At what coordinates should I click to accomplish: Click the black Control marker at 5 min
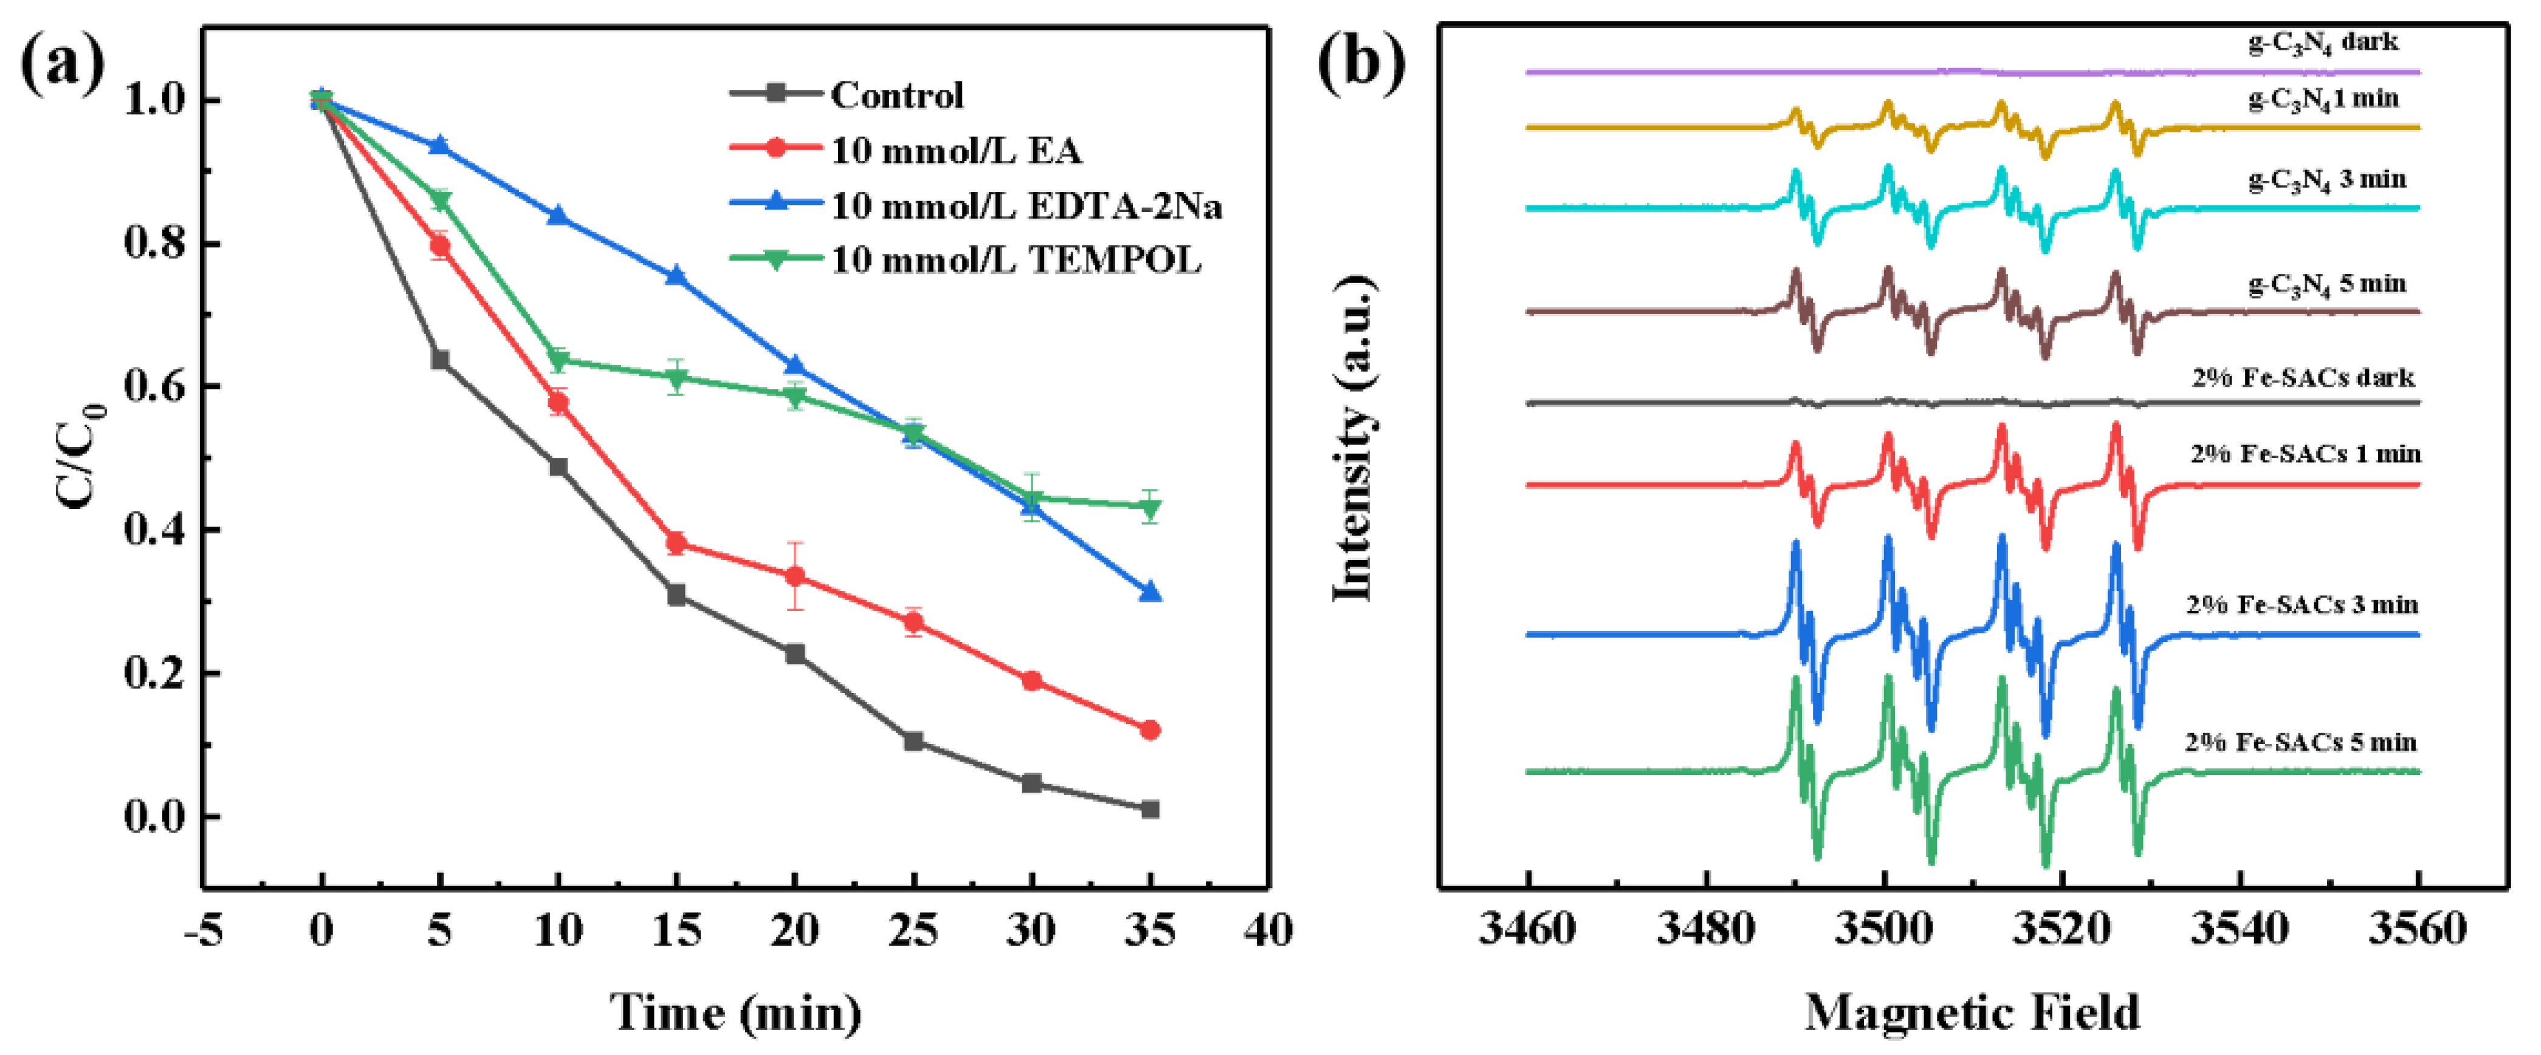pyautogui.click(x=440, y=360)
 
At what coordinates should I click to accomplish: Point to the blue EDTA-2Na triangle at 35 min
pyautogui.click(x=1149, y=592)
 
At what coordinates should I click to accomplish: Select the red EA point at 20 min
pyautogui.click(x=795, y=576)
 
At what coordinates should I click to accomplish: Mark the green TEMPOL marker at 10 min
pyautogui.click(x=559, y=361)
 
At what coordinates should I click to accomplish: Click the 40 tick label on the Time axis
pyautogui.click(x=1267, y=930)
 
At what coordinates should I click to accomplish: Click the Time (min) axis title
pyautogui.click(x=736, y=1012)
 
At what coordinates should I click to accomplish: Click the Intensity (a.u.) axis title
pyautogui.click(x=1354, y=439)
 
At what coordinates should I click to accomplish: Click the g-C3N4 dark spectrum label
pyautogui.click(x=2323, y=43)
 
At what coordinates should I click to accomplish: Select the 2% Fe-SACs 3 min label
pyautogui.click(x=2302, y=604)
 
